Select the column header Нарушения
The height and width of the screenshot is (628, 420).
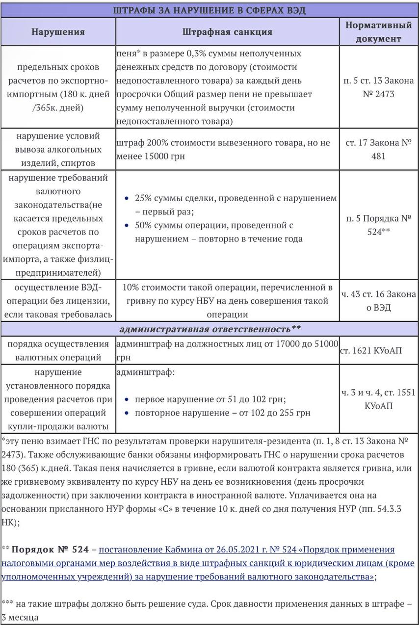(58, 32)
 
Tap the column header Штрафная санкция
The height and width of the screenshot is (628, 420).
(227, 32)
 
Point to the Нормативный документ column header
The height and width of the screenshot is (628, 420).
(378, 31)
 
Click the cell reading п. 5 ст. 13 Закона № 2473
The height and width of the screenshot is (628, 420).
(378, 87)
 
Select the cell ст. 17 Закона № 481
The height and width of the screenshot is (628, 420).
(378, 149)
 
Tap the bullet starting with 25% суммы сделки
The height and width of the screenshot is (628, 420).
(231, 205)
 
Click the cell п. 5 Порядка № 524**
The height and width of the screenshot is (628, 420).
(378, 225)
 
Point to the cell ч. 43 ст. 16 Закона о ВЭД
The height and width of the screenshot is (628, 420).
(378, 301)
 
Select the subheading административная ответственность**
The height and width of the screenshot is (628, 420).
(210, 328)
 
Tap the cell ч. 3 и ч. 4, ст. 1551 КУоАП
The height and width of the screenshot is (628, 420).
(378, 399)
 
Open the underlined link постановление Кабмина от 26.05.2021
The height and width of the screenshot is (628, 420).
(196, 549)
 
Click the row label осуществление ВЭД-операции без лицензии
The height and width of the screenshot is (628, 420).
(58, 301)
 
